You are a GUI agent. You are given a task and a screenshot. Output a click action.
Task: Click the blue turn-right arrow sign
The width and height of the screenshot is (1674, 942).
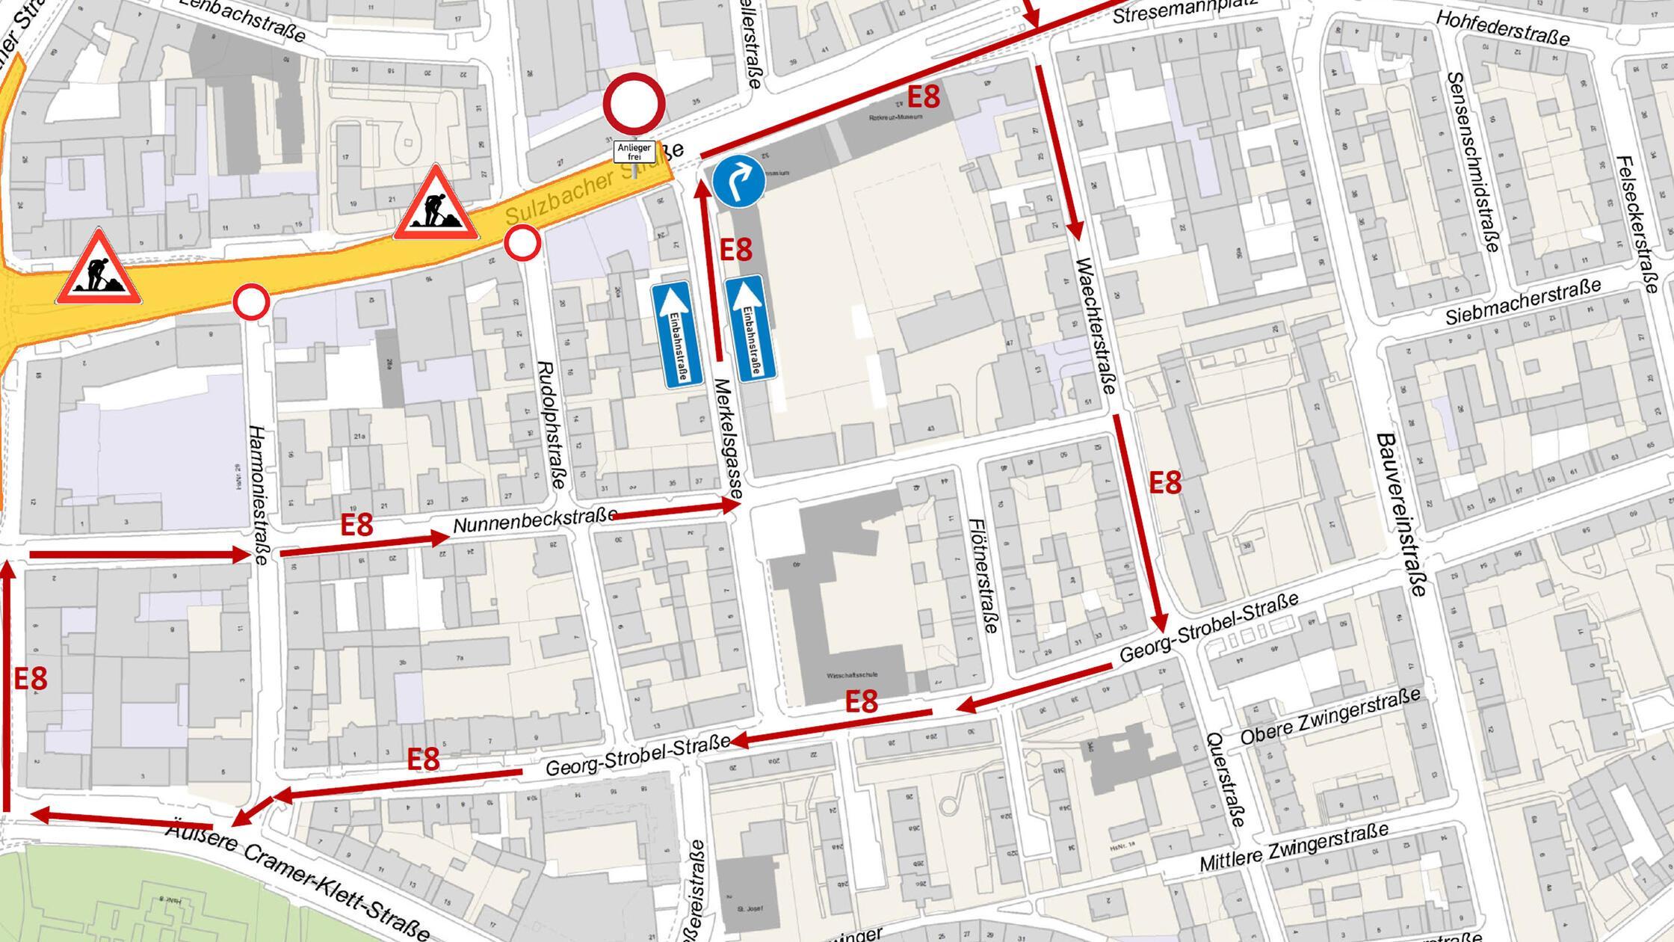[x=738, y=182]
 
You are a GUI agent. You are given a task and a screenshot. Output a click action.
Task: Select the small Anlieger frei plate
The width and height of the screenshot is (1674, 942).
[x=634, y=153]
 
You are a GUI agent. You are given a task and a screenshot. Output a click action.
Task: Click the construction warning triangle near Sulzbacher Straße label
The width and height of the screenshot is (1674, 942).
[x=436, y=205]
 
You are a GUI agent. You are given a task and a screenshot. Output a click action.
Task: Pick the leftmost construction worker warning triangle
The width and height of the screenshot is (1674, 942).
[x=99, y=269]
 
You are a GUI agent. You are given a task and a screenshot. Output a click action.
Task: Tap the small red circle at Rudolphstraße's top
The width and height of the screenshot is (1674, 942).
[x=522, y=244]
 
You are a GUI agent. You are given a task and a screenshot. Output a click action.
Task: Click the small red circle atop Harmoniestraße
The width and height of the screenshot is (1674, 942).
[x=251, y=303]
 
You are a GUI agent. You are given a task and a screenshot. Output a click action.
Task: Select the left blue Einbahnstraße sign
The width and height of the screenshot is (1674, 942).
[x=676, y=335]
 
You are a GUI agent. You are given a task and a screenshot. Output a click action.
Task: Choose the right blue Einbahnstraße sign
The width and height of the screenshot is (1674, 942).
[x=751, y=329]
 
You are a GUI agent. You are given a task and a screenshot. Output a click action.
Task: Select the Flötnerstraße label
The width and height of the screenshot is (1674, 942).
[x=983, y=576]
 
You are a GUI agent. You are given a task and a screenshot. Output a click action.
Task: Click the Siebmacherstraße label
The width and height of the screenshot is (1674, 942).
[x=1522, y=302]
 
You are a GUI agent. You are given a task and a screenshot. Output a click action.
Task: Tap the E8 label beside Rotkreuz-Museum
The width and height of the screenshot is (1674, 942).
[x=923, y=97]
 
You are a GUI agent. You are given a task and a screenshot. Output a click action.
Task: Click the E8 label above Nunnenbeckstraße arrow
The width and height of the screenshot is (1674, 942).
[x=356, y=525]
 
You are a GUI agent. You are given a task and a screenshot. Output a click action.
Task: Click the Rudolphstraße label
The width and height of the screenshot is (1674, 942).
[x=552, y=426]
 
